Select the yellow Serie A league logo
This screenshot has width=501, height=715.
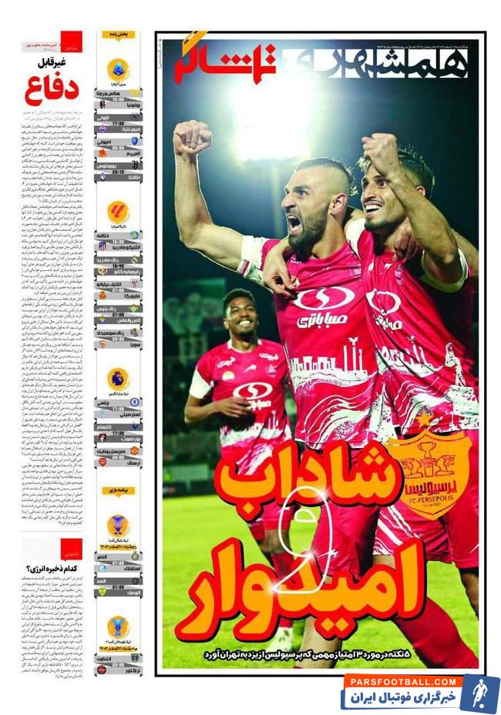click(x=118, y=68)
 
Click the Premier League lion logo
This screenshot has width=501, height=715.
click(x=118, y=377)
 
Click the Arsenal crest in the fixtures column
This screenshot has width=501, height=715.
click(x=103, y=462)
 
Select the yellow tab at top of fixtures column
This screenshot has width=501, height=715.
click(x=119, y=35)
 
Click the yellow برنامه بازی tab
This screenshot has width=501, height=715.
click(x=118, y=490)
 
